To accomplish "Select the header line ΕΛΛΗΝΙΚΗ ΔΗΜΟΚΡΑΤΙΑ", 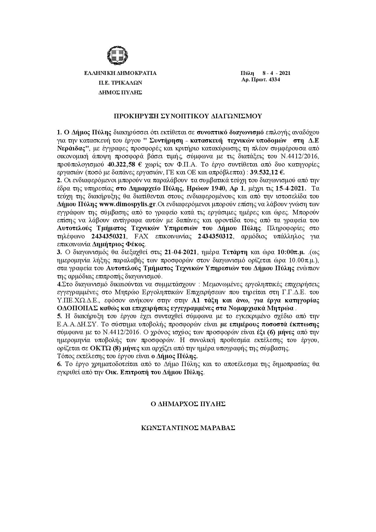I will click(x=120, y=73).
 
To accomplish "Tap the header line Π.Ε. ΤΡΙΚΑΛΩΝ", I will click(x=120, y=82).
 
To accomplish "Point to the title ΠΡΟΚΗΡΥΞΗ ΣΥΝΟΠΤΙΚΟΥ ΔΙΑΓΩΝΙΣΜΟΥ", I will click(x=187, y=116).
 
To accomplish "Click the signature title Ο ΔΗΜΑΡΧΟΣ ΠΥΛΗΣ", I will click(x=188, y=404).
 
